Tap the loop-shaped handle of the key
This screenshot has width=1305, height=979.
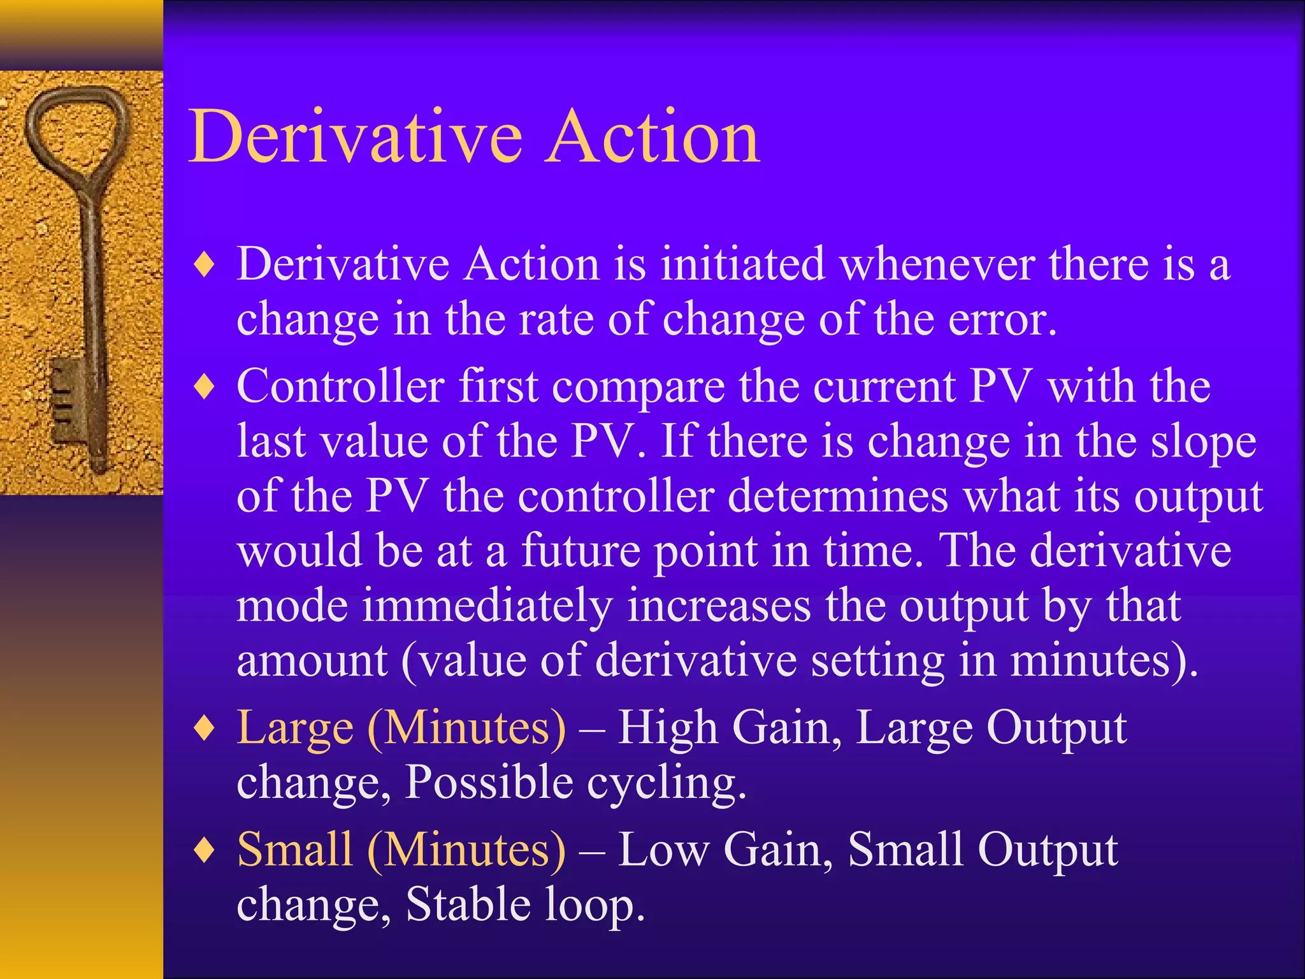(76, 127)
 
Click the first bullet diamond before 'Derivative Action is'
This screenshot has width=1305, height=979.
(205, 265)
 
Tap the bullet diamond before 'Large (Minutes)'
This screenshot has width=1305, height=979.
(205, 729)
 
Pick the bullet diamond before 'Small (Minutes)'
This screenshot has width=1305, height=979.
(205, 851)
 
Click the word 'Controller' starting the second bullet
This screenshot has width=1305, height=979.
(340, 386)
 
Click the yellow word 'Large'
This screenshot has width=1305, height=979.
(295, 729)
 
